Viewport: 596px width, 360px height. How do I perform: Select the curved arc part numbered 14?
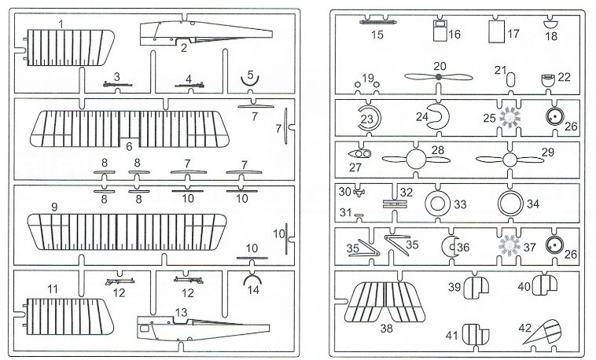point(252,281)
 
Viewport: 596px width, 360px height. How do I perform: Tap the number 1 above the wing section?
point(61,25)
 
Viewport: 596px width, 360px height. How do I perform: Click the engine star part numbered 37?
point(510,246)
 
